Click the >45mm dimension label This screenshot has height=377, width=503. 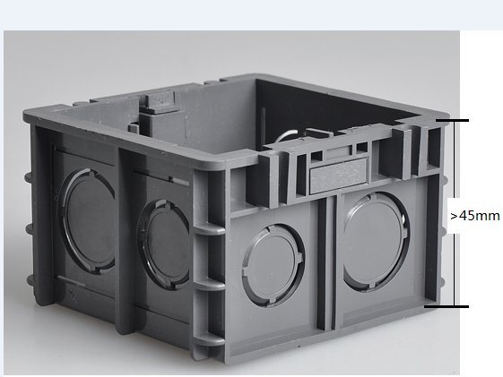click(475, 216)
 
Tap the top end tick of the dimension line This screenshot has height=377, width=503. click(452, 120)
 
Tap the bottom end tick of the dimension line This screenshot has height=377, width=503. click(447, 306)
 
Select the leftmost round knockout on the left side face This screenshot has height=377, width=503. click(87, 221)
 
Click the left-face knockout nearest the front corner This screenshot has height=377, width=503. click(164, 244)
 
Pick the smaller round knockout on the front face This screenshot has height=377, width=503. click(273, 265)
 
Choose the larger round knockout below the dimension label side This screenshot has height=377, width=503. click(376, 242)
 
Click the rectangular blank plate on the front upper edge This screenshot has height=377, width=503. click(338, 176)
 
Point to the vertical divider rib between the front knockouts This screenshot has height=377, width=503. click(327, 262)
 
